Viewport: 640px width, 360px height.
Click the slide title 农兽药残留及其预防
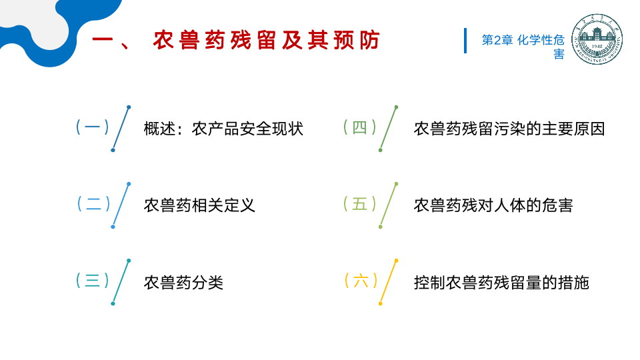(x=265, y=41)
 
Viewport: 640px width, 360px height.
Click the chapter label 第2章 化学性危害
(x=523, y=46)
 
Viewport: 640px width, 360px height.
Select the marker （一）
(x=92, y=127)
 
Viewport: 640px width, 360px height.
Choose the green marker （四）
(x=359, y=127)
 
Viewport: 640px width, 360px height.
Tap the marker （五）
(x=359, y=204)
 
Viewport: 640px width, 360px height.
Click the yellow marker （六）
(x=360, y=281)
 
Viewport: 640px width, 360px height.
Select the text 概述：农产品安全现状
(x=223, y=129)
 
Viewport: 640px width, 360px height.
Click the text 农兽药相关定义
(x=199, y=205)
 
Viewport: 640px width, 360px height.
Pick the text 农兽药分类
(x=183, y=282)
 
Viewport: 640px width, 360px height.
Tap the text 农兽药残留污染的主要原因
(x=509, y=129)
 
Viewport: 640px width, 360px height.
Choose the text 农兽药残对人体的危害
(x=493, y=205)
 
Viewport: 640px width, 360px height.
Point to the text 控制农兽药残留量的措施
(x=501, y=282)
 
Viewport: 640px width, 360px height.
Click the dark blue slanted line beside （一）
(x=121, y=129)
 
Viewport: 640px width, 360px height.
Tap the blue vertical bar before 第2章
(x=465, y=41)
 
